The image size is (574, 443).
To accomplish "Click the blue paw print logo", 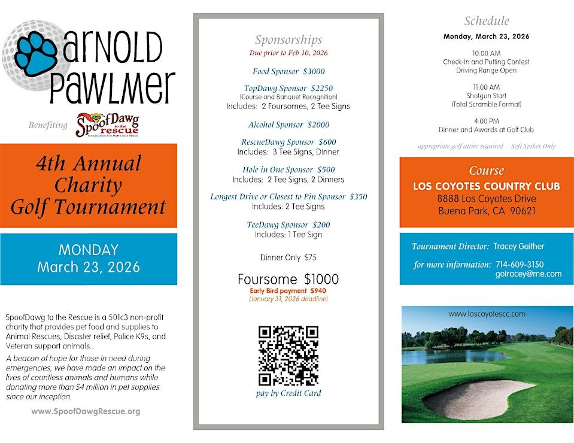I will pyautogui.click(x=36, y=53).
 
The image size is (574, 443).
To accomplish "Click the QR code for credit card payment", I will pyautogui.click(x=288, y=356).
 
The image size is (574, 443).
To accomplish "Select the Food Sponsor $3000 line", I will pyautogui.click(x=288, y=71).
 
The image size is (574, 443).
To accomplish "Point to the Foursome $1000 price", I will pyautogui.click(x=288, y=280).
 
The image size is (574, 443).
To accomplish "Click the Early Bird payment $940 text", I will pyautogui.click(x=288, y=290).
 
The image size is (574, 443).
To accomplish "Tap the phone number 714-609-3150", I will pyautogui.click(x=520, y=264).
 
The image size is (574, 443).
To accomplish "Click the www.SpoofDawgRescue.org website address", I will pyautogui.click(x=86, y=411).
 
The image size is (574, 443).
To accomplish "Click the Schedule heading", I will pyautogui.click(x=487, y=21).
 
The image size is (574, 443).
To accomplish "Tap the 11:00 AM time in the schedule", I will pyautogui.click(x=486, y=87).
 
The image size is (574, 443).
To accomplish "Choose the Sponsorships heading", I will pyautogui.click(x=288, y=40).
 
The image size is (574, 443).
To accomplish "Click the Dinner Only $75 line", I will pyautogui.click(x=288, y=257).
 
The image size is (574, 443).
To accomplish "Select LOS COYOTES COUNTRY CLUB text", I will pyautogui.click(x=487, y=186).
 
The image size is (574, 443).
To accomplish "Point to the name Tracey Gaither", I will pyautogui.click(x=518, y=246).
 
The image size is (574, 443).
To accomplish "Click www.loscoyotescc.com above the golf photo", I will pyautogui.click(x=487, y=314).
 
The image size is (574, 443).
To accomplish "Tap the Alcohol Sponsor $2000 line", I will pyautogui.click(x=288, y=125).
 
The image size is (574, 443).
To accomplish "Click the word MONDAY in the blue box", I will pyautogui.click(x=89, y=250).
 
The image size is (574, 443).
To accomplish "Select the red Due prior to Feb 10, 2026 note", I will pyautogui.click(x=288, y=53).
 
